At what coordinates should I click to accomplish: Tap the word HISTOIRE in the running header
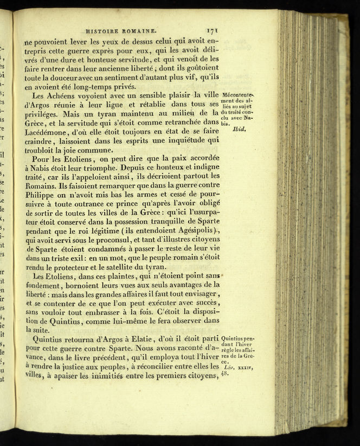pyautogui.click(x=103, y=32)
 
